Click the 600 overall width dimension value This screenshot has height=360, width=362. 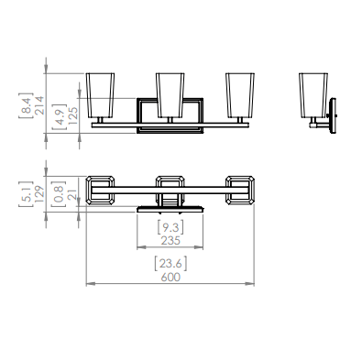coord(170,278)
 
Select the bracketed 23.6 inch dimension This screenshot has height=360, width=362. coord(170,264)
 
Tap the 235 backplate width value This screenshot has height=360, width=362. coord(170,241)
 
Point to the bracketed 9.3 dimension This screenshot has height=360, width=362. coord(170,227)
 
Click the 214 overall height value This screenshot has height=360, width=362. coord(39,105)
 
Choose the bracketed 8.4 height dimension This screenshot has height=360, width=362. coord(26,105)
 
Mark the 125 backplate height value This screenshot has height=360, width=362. coord(73,115)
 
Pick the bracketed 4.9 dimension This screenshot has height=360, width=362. coord(59,116)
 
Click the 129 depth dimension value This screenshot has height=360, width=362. coord(39,194)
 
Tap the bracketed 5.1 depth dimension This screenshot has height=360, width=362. coord(26,194)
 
